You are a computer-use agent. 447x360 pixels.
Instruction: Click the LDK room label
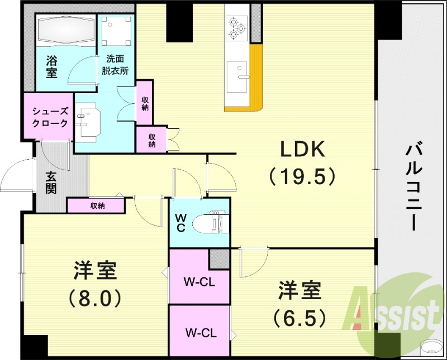point(302,149)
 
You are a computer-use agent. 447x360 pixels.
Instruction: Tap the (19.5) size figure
point(302,176)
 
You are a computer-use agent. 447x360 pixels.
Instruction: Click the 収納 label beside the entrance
point(97,205)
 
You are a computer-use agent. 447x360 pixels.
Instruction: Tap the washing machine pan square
point(116,31)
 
